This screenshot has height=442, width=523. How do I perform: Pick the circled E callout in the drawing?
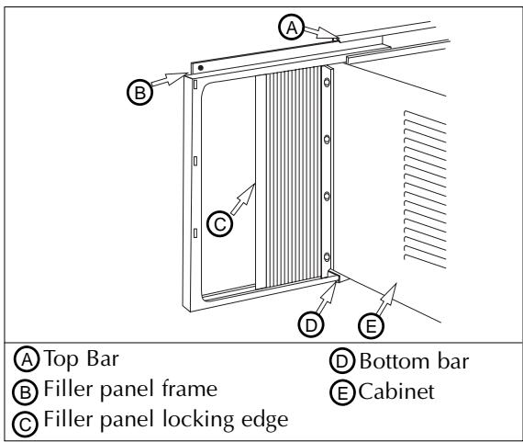(368, 323)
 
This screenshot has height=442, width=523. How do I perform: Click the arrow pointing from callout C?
(242, 199)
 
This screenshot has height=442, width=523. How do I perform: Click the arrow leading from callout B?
(170, 81)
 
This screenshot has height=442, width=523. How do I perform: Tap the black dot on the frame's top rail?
(201, 69)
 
